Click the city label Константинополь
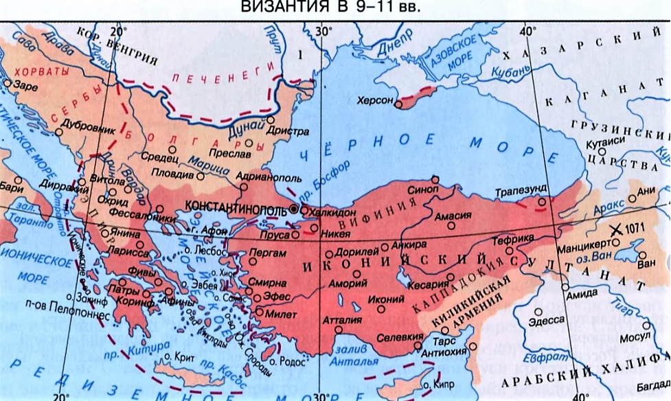pyautogui.click(x=236, y=207)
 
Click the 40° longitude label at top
pyautogui.click(x=527, y=31)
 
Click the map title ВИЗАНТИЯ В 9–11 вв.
pyautogui.click(x=334, y=8)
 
